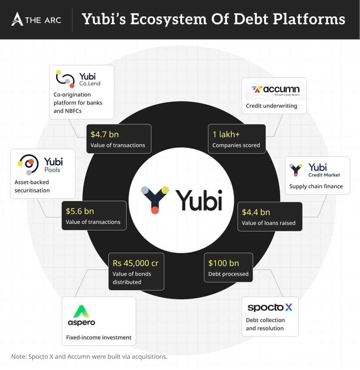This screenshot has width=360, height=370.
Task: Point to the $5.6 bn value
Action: click(x=80, y=211)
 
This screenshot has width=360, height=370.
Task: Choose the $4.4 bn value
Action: click(x=256, y=212)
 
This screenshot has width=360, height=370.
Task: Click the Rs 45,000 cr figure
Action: click(x=135, y=263)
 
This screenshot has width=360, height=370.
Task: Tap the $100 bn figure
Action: click(x=223, y=263)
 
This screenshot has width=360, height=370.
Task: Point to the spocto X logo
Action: click(x=270, y=307)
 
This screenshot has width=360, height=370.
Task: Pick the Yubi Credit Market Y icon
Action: click(x=296, y=169)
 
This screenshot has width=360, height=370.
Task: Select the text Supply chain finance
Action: click(x=316, y=186)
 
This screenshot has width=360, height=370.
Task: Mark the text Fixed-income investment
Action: click(x=99, y=337)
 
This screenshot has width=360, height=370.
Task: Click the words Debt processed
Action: click(x=228, y=274)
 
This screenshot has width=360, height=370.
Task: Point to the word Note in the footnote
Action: click(x=19, y=357)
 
